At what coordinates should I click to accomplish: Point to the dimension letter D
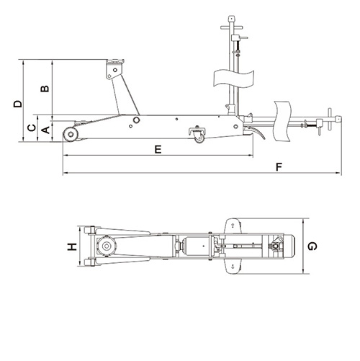[18, 103]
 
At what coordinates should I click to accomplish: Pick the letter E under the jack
[158, 149]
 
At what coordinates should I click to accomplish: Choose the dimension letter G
[312, 246]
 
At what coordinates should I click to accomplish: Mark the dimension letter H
[71, 247]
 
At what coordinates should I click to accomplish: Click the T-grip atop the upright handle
[232, 16]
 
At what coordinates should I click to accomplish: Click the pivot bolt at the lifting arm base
[135, 119]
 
